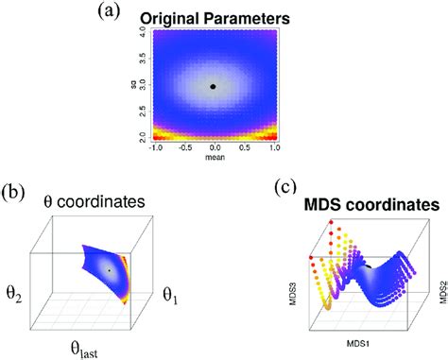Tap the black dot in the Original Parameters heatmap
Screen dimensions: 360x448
[214, 86]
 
